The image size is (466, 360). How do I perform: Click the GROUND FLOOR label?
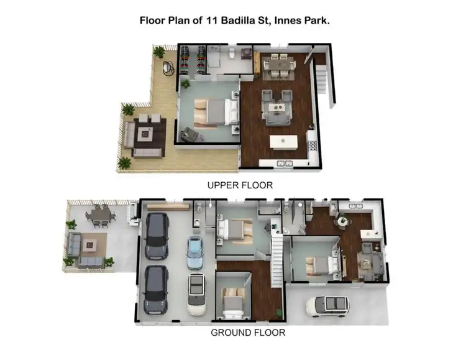(x=248, y=333)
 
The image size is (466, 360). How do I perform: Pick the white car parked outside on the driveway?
(x=327, y=305)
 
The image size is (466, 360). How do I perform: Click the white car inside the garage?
(x=198, y=293)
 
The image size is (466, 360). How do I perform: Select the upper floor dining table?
(x=278, y=65)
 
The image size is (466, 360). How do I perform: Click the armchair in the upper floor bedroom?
(x=186, y=134)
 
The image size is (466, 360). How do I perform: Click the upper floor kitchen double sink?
(x=313, y=147)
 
